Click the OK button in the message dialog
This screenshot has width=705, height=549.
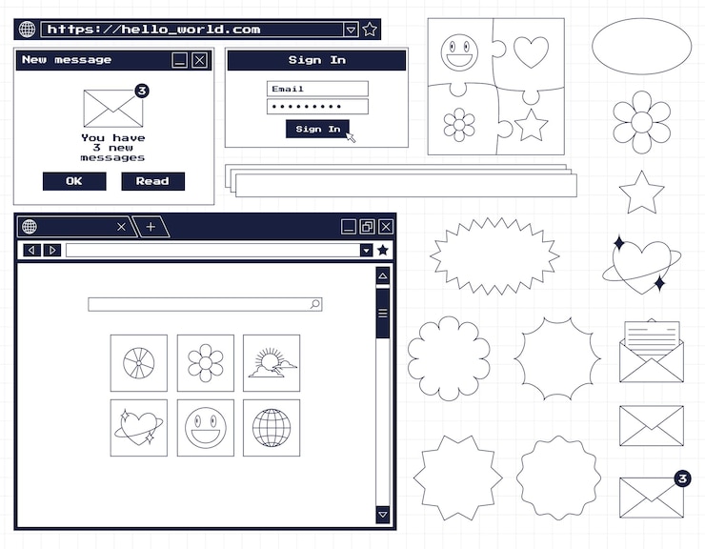[x=74, y=181]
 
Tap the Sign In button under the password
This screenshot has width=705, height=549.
[x=317, y=129]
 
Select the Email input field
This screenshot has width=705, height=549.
[x=317, y=89]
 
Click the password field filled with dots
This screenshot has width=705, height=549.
[x=317, y=107]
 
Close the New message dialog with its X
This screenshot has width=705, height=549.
[x=199, y=60]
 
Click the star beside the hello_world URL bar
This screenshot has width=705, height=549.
[x=370, y=30]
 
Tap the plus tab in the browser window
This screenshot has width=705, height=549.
[x=151, y=227]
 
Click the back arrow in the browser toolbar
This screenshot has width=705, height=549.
[x=31, y=250]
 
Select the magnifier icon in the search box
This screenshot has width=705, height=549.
[x=315, y=304]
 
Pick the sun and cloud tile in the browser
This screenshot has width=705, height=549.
[x=272, y=363]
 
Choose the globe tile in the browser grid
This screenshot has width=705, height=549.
[x=272, y=428]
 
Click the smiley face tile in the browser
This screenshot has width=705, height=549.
[x=205, y=428]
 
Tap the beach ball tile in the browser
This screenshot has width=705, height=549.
[x=139, y=363]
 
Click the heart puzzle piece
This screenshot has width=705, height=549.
[x=531, y=51]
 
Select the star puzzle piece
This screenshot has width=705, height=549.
[x=531, y=123]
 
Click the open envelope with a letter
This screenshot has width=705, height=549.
[x=652, y=352]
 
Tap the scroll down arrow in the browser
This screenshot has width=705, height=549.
[x=383, y=515]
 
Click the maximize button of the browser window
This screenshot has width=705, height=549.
[x=367, y=227]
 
